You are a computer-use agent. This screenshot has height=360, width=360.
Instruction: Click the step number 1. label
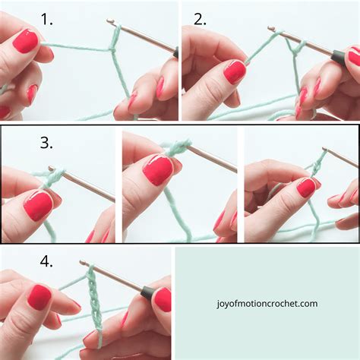click(x=47, y=20)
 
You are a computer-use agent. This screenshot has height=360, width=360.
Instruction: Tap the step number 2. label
click(x=200, y=20)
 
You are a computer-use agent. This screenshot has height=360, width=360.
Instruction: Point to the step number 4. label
click(x=47, y=261)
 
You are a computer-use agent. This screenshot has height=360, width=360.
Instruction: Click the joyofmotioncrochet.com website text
click(x=266, y=304)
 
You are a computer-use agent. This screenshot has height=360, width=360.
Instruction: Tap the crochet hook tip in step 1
click(x=110, y=22)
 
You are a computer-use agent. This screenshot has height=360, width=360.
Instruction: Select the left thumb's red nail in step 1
click(x=26, y=40)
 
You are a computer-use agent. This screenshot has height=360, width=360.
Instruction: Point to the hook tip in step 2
click(x=271, y=29)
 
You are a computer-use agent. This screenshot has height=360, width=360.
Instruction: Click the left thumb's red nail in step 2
click(x=235, y=71)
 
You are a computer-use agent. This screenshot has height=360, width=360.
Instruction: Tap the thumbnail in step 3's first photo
click(x=37, y=205)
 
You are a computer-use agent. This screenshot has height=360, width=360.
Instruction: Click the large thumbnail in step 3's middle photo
click(x=158, y=170)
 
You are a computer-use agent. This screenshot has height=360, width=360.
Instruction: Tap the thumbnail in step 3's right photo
click(x=306, y=187)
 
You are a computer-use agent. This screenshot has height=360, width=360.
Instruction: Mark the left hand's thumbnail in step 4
click(x=39, y=296)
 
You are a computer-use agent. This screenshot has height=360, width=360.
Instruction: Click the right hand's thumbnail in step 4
click(x=163, y=298)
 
